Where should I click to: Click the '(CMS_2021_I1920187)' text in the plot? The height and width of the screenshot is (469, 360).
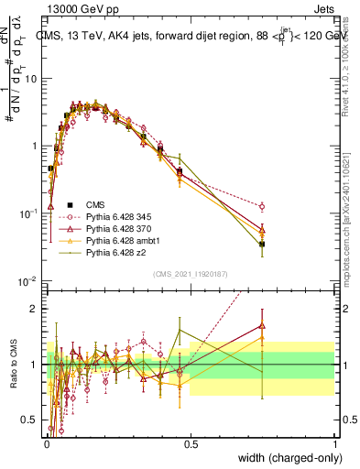(x=190, y=272)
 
